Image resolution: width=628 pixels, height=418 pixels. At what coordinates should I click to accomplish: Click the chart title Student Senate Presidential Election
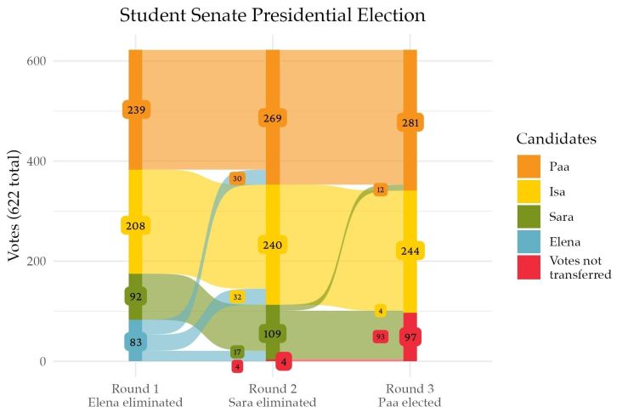point(272,15)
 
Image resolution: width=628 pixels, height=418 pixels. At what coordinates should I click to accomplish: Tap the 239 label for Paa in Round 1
point(136,110)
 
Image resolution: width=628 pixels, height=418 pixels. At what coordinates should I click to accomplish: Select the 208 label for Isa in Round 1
point(136,226)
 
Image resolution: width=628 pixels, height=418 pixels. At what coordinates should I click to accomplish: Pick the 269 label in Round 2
point(272,118)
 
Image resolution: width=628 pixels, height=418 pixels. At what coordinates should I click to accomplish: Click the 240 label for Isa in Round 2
point(272,245)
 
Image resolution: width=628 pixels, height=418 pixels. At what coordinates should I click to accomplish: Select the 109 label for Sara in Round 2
point(272,333)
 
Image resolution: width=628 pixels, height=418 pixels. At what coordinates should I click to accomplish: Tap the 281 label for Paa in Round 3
point(410,123)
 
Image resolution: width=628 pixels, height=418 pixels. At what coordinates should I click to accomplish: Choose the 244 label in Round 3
point(410,251)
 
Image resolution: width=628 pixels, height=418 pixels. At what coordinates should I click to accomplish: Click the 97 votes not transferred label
point(410,337)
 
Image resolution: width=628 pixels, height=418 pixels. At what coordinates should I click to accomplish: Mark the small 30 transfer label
point(237,178)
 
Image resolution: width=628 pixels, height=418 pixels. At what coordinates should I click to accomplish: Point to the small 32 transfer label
point(237,297)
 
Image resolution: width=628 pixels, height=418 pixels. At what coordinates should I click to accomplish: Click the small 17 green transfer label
point(237,352)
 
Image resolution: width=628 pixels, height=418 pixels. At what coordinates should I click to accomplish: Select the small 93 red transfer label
point(380,336)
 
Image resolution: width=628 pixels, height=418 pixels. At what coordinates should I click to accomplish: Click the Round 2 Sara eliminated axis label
point(272,395)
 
